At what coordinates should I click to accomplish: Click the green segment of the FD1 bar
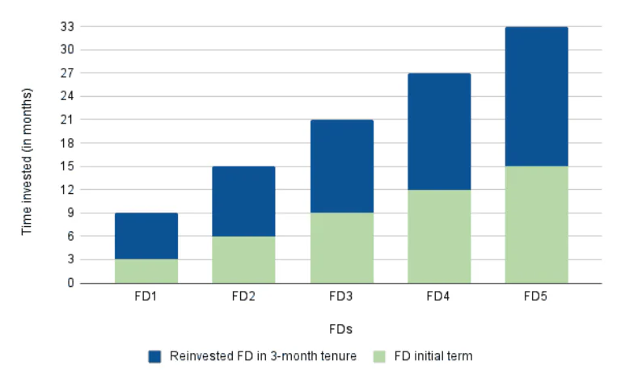[146, 271]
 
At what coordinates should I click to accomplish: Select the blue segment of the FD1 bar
[146, 236]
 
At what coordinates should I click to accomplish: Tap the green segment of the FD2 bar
[243, 259]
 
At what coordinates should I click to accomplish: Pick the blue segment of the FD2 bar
[243, 201]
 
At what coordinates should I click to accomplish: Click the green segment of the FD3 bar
[341, 248]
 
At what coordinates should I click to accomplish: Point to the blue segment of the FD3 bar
[341, 166]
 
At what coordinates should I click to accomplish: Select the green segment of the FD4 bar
[439, 237]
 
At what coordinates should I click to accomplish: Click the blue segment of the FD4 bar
[439, 132]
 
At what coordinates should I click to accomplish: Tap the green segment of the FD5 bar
[536, 225]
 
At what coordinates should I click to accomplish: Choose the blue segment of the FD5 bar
[536, 96]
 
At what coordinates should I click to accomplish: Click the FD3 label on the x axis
[341, 297]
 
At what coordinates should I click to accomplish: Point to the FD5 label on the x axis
[536, 297]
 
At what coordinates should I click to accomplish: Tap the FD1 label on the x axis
[146, 297]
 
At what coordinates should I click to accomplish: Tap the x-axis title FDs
[341, 329]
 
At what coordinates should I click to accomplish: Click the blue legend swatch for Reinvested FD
[155, 356]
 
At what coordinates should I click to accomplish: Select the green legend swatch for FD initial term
[379, 356]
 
